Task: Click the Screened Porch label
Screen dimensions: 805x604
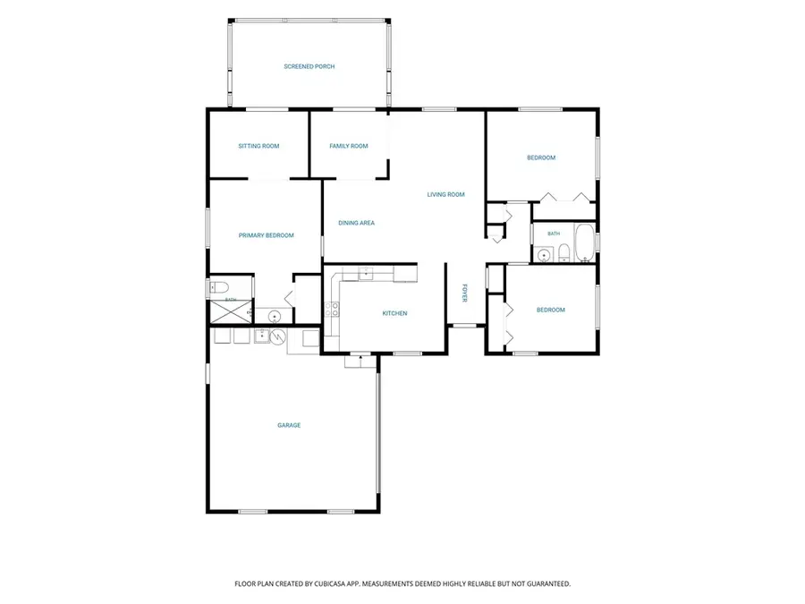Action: point(309,67)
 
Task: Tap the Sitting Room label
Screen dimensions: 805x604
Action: point(258,147)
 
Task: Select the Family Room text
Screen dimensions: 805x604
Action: point(349,147)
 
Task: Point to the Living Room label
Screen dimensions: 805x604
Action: point(445,195)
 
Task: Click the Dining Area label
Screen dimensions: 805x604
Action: point(356,224)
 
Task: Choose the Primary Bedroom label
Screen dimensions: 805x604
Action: point(266,235)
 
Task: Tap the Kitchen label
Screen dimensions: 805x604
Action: point(394,313)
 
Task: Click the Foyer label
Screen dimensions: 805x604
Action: point(464,293)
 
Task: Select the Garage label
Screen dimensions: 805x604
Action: point(289,425)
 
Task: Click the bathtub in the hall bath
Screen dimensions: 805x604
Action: point(584,242)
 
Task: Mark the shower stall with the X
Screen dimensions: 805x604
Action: point(231,312)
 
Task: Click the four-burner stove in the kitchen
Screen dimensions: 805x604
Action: point(332,310)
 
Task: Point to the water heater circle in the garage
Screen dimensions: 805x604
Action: point(278,336)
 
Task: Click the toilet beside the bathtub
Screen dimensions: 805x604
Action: point(563,253)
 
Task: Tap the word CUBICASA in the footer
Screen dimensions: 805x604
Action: point(333,584)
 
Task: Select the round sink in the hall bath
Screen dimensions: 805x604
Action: point(543,255)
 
